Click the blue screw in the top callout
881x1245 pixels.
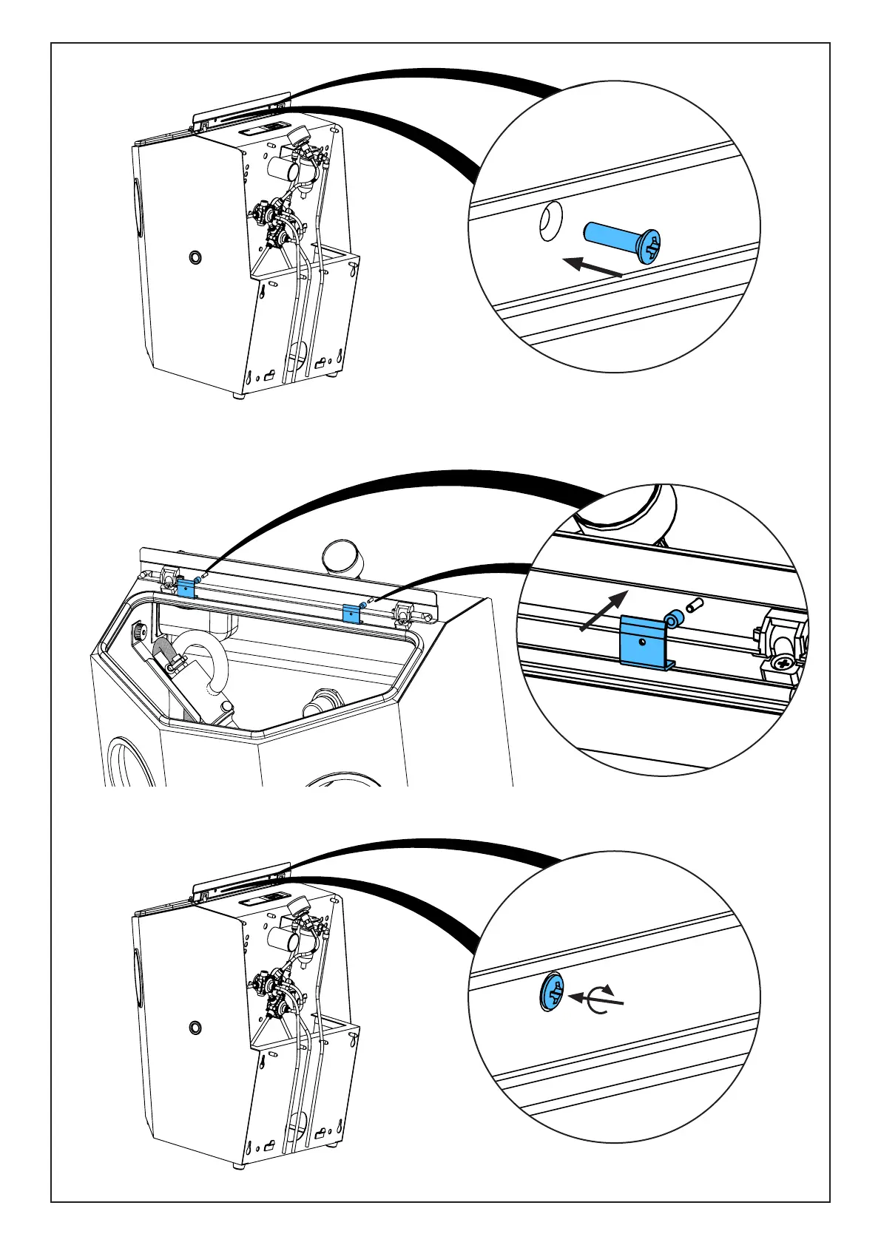622,240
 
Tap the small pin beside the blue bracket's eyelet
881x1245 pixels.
694,605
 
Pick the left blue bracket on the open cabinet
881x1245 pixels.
186,588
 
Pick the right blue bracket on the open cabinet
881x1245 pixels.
351,613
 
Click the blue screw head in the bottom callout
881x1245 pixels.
550,991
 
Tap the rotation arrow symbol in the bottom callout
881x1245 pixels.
597,999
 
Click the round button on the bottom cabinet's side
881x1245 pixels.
195,1028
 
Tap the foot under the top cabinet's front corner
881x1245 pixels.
238,396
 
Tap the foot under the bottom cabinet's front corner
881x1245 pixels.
238,1167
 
